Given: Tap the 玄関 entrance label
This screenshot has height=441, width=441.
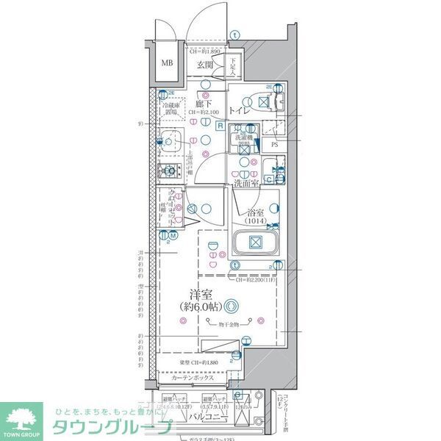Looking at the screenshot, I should pos(204,65).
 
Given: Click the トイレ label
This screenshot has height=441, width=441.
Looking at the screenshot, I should pos(237,110).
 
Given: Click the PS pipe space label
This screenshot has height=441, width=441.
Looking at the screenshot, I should pos(273,145).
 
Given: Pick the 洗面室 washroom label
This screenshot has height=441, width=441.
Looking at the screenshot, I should pos(245,183).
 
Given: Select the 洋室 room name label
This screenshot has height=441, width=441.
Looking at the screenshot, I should pos(191,293).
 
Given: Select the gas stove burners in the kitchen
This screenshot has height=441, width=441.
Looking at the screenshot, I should pos(171,172).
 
